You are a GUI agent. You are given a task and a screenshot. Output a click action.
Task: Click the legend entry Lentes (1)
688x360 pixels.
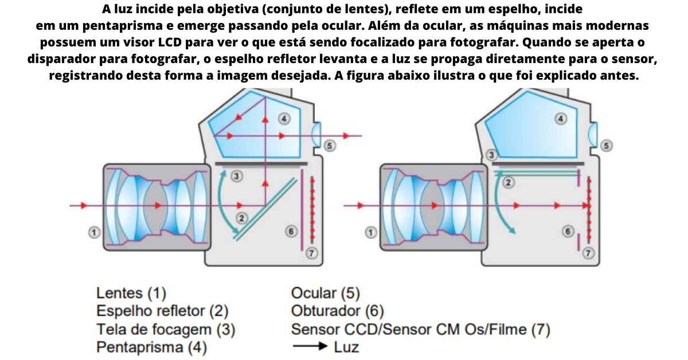tap(131, 294)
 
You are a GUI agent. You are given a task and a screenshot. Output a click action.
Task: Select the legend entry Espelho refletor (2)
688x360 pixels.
tap(162, 311)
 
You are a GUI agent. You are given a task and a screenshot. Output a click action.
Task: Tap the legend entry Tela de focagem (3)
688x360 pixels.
tap(166, 330)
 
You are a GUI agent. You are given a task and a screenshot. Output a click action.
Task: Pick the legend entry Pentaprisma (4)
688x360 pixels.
tap(151, 347)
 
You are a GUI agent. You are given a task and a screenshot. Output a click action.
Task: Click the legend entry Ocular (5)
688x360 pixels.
tap(325, 294)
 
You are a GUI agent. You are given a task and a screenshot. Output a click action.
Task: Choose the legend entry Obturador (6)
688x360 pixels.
tap(337, 311)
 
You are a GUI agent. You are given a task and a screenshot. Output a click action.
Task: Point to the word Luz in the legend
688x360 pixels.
tap(346, 347)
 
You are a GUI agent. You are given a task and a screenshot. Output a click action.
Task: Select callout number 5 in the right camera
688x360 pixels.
tap(607, 146)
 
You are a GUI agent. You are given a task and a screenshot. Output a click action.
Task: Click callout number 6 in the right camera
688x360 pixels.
tap(568, 231)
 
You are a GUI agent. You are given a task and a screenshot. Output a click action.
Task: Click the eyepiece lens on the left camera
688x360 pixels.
tap(315, 136)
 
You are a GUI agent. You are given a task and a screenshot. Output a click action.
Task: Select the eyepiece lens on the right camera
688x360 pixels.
tap(593, 136)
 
